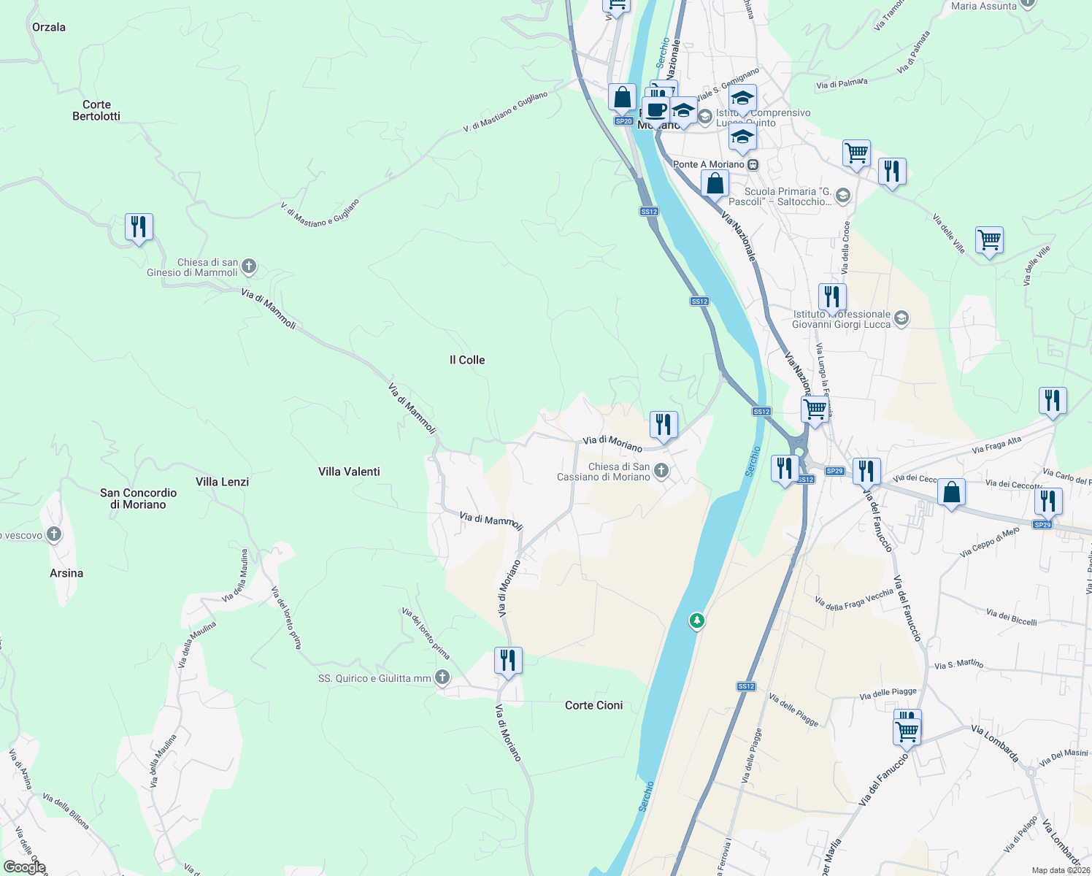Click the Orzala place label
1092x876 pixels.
point(49,27)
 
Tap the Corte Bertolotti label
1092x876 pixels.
point(96,110)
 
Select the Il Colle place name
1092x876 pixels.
point(467,360)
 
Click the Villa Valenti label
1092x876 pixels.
point(349,472)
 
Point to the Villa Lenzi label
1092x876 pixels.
point(222,482)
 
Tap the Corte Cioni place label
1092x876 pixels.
point(594,705)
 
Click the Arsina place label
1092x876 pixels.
point(66,573)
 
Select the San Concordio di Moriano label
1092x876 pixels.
point(138,499)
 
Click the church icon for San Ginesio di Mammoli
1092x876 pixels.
point(249,266)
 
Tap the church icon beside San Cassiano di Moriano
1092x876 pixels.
point(661,470)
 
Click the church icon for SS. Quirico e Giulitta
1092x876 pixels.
point(442,677)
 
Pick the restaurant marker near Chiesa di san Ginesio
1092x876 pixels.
point(139,227)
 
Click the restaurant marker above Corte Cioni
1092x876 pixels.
point(507,661)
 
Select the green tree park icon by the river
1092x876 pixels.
point(697,621)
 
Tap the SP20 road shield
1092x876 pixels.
point(623,121)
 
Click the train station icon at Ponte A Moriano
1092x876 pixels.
point(753,164)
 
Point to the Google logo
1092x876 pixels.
point(24,867)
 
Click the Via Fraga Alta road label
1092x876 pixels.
point(996,445)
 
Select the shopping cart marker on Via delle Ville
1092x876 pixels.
point(989,239)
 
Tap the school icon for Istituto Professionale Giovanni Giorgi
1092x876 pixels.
point(901,318)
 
